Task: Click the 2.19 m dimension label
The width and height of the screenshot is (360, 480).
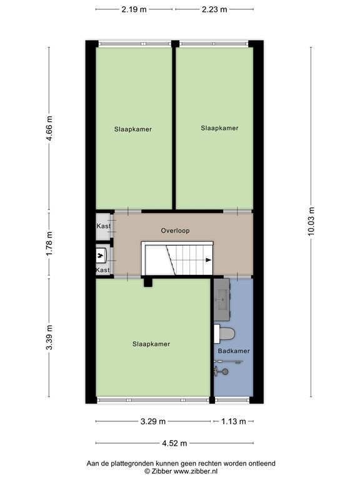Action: click(134, 9)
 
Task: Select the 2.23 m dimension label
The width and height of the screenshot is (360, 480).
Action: click(214, 9)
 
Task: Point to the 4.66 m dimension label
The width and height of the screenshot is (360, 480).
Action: click(49, 128)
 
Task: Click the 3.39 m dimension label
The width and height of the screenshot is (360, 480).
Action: click(49, 337)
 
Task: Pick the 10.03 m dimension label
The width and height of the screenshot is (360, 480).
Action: click(311, 221)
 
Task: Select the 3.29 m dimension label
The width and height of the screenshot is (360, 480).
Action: click(153, 421)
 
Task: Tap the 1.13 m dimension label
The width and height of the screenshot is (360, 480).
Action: click(234, 421)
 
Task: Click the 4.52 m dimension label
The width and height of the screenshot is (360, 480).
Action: click(174, 443)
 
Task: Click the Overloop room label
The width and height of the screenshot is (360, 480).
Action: click(176, 231)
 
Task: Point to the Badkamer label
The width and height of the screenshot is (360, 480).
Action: click(234, 351)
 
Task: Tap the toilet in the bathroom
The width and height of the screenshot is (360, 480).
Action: click(224, 334)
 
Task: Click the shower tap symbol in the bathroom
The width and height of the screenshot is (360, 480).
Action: click(221, 372)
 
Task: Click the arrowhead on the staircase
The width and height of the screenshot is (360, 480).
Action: click(209, 260)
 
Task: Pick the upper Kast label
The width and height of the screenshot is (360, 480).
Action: click(104, 226)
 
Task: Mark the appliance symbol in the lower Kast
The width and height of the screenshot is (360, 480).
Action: click(101, 256)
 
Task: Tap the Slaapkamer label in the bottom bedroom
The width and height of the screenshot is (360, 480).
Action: click(151, 344)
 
